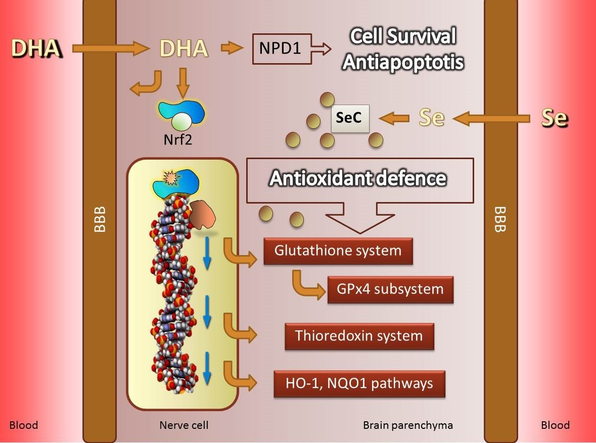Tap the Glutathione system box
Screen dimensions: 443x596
(x=338, y=251)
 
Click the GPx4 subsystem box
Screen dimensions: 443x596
(x=390, y=289)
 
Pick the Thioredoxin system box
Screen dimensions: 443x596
(x=359, y=336)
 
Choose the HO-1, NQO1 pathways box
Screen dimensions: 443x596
(x=359, y=384)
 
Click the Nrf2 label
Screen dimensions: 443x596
(x=177, y=139)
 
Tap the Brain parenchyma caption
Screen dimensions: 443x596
(x=408, y=425)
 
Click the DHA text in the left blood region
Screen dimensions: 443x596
(x=36, y=49)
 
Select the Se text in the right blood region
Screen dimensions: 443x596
(x=555, y=118)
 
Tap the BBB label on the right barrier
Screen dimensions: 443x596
(x=499, y=219)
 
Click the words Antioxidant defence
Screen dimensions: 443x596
(x=358, y=179)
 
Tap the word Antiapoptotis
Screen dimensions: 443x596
(x=403, y=62)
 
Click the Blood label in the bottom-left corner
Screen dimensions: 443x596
(x=24, y=425)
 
